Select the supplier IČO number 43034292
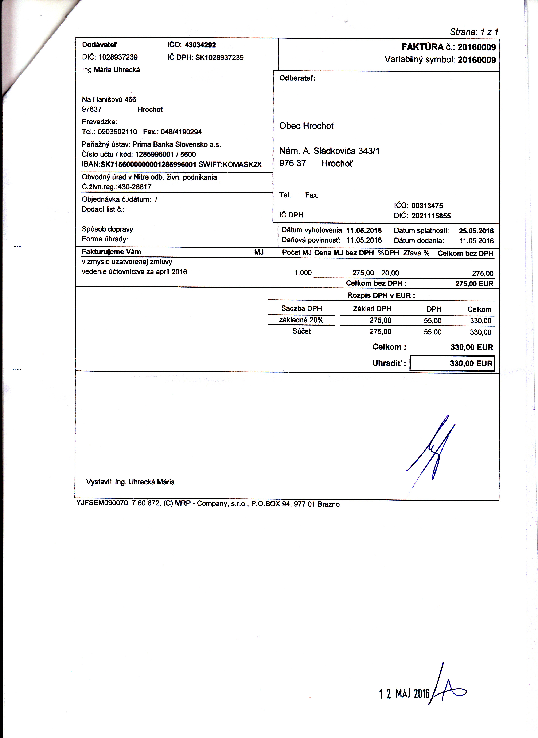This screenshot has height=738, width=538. tap(200, 45)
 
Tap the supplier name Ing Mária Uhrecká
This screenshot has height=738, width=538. tap(111, 70)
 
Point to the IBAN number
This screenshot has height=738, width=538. tap(148, 164)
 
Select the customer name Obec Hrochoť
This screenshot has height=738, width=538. tap(307, 126)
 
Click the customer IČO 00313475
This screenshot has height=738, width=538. tap(427, 206)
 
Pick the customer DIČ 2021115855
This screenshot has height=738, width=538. tap(431, 216)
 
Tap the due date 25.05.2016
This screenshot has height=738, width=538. tap(476, 231)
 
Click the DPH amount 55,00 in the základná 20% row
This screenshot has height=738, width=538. tap(432, 321)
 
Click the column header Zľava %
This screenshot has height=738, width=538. tap(416, 253)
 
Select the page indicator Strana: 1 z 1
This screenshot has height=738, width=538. tap(474, 32)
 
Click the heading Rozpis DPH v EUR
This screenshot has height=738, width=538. tap(381, 296)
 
